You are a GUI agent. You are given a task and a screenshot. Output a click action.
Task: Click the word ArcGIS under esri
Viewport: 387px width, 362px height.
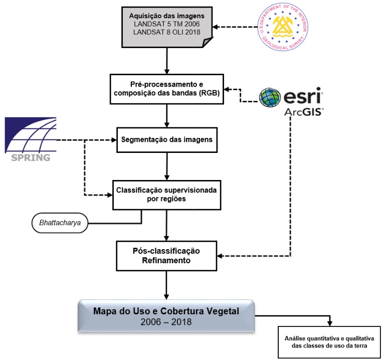[304, 111]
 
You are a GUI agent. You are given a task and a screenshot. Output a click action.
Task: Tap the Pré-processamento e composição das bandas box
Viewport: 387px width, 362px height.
[166, 89]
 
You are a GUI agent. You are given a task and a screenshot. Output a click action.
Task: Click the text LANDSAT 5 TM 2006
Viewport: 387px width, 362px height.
[166, 24]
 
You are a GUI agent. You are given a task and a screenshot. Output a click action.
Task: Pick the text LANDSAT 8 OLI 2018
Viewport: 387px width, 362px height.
[166, 32]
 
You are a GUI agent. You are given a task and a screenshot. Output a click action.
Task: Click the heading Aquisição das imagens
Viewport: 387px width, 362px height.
[166, 16]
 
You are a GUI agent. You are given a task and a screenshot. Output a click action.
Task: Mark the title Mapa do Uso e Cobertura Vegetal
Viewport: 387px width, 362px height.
[166, 311]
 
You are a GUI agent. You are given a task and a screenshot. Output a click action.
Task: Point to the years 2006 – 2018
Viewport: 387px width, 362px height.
[166, 322]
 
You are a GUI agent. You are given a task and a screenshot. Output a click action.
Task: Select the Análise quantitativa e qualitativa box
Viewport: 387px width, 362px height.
[329, 343]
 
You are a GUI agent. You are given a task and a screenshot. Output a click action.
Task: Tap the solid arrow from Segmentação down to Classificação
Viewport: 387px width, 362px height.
[166, 165]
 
